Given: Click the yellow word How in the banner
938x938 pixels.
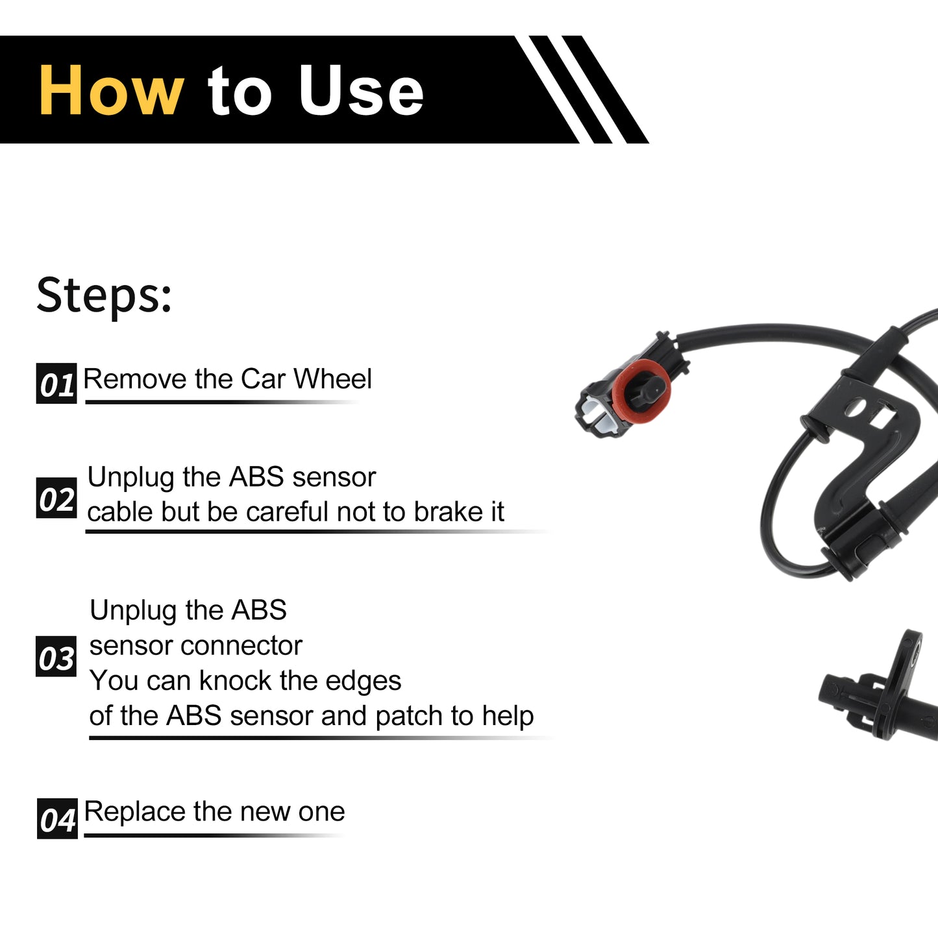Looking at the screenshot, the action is click(x=112, y=90).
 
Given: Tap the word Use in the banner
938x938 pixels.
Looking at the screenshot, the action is click(x=362, y=90).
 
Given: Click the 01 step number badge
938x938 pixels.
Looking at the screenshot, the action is click(x=56, y=384).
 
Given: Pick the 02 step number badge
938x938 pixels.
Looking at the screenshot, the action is click(x=56, y=498).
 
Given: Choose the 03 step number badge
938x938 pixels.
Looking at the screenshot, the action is click(x=56, y=656).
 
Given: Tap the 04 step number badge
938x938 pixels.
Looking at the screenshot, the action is click(x=57, y=819).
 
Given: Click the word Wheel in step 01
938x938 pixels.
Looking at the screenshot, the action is click(x=333, y=378).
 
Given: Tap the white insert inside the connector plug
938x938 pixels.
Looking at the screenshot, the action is click(x=597, y=413).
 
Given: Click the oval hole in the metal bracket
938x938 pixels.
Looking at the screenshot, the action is click(x=856, y=407).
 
